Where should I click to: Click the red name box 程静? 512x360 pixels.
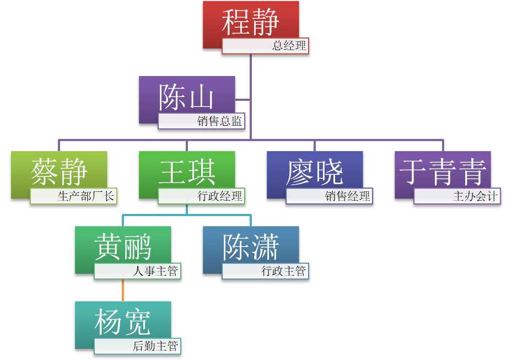pyautogui.click(x=251, y=21)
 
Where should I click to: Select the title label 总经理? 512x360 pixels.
pyautogui.click(x=265, y=46)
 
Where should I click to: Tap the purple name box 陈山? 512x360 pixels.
pyautogui.click(x=186, y=96)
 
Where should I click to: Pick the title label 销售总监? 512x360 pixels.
pyautogui.click(x=201, y=122)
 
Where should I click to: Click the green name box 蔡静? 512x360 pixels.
pyautogui.click(x=59, y=171)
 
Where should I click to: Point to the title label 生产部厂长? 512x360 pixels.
pyautogui.click(x=74, y=196)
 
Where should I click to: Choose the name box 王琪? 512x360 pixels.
pyautogui.click(x=187, y=171)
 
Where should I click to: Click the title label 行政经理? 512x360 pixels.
pyautogui.click(x=201, y=196)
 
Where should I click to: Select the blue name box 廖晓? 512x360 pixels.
pyautogui.click(x=315, y=171)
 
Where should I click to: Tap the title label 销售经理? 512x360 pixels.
pyautogui.click(x=329, y=196)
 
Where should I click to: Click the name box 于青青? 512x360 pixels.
pyautogui.click(x=443, y=171)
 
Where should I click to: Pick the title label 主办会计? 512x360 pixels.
pyautogui.click(x=457, y=196)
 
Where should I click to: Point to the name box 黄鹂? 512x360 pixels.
pyautogui.click(x=123, y=246)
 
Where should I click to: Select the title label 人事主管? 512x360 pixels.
pyautogui.click(x=137, y=271)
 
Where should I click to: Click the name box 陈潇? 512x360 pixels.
pyautogui.click(x=251, y=246)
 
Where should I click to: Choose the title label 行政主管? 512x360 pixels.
pyautogui.click(x=265, y=271)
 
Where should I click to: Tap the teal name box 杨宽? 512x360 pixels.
pyautogui.click(x=123, y=321)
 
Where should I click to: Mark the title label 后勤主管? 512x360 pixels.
pyautogui.click(x=137, y=347)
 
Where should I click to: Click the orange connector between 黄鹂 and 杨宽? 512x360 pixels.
pyautogui.click(x=123, y=289)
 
